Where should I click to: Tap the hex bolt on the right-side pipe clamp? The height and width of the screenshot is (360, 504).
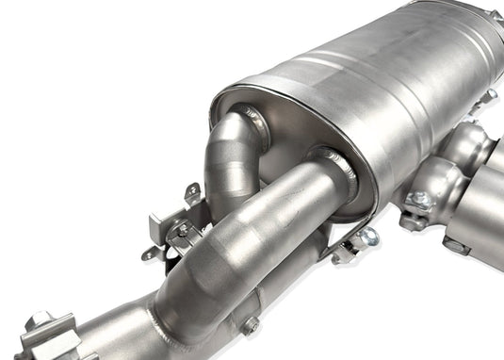tap(418, 201)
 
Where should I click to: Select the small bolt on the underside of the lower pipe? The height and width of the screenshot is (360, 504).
tap(250, 327)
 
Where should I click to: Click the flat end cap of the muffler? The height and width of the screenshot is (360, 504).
tap(283, 132)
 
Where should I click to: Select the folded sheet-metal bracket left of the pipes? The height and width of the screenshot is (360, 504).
tap(170, 236)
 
